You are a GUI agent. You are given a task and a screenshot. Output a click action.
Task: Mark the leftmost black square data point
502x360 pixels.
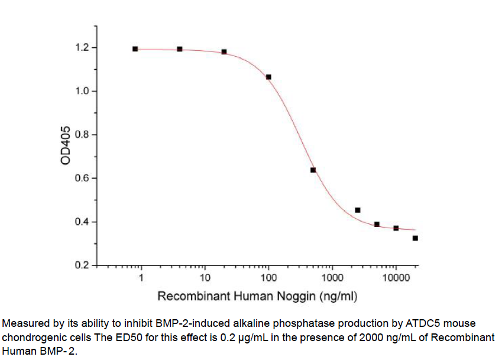coord(135,49)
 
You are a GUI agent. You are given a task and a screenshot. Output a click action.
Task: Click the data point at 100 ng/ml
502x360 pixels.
coord(269,77)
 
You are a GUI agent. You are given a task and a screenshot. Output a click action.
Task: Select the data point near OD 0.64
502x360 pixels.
coord(313,170)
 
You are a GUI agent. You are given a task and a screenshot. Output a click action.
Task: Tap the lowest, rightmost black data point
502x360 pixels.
coord(416,238)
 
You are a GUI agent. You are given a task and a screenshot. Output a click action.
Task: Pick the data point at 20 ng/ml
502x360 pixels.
coord(224,51)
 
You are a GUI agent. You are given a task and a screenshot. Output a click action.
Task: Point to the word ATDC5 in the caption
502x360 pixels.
coord(423,324)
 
